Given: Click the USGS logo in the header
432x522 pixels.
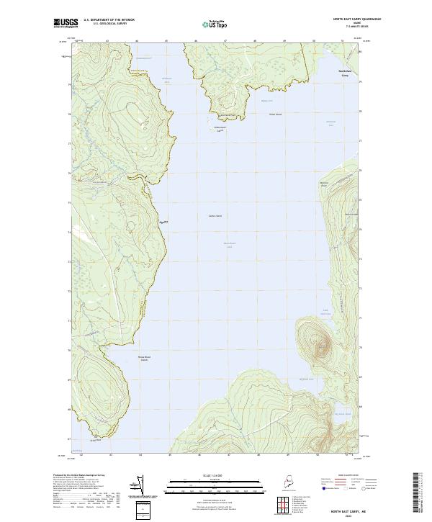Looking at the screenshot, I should click(66, 23).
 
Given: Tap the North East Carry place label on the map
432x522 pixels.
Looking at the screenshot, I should click(345, 73).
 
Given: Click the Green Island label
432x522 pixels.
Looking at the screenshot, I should click(274, 114).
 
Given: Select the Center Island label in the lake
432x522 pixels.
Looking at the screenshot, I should click(215, 215).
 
